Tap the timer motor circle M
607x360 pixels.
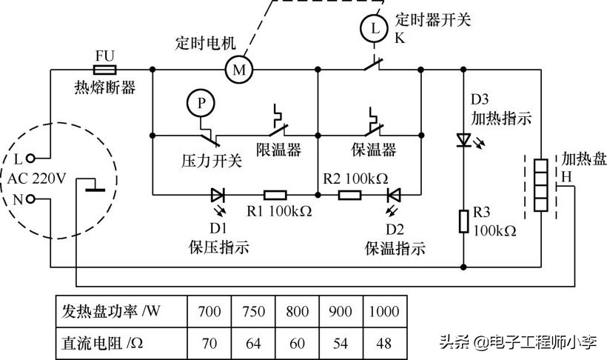(x=238, y=70)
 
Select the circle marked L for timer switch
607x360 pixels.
(x=374, y=29)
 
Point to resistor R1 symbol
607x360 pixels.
(x=275, y=196)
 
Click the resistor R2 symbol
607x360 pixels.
(x=349, y=196)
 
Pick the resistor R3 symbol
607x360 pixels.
(x=463, y=221)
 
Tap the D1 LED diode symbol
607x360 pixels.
(x=218, y=196)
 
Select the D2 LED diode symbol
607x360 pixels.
(x=394, y=196)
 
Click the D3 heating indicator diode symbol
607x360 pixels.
(x=463, y=139)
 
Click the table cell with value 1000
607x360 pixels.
(x=384, y=311)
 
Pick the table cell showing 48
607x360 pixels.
(x=384, y=343)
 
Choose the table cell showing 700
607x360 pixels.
(x=209, y=311)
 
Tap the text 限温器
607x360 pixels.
(x=279, y=150)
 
